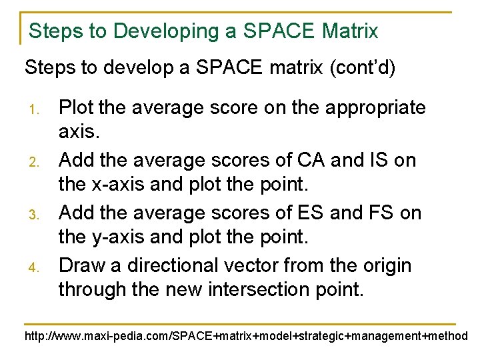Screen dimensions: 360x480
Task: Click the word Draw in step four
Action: tap(81, 265)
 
